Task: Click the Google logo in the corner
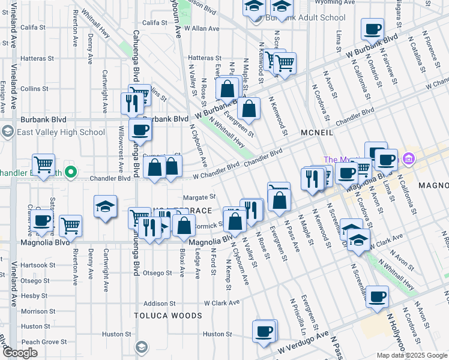[19, 353]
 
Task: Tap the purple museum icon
[410, 158]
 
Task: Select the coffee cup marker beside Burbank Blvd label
[140, 128]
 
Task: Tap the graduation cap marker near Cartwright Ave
[105, 206]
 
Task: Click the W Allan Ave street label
[202, 28]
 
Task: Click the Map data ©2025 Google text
[411, 355]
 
